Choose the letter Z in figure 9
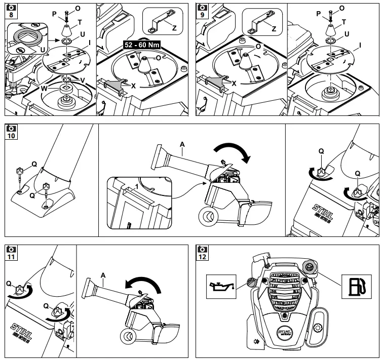(274, 29)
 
